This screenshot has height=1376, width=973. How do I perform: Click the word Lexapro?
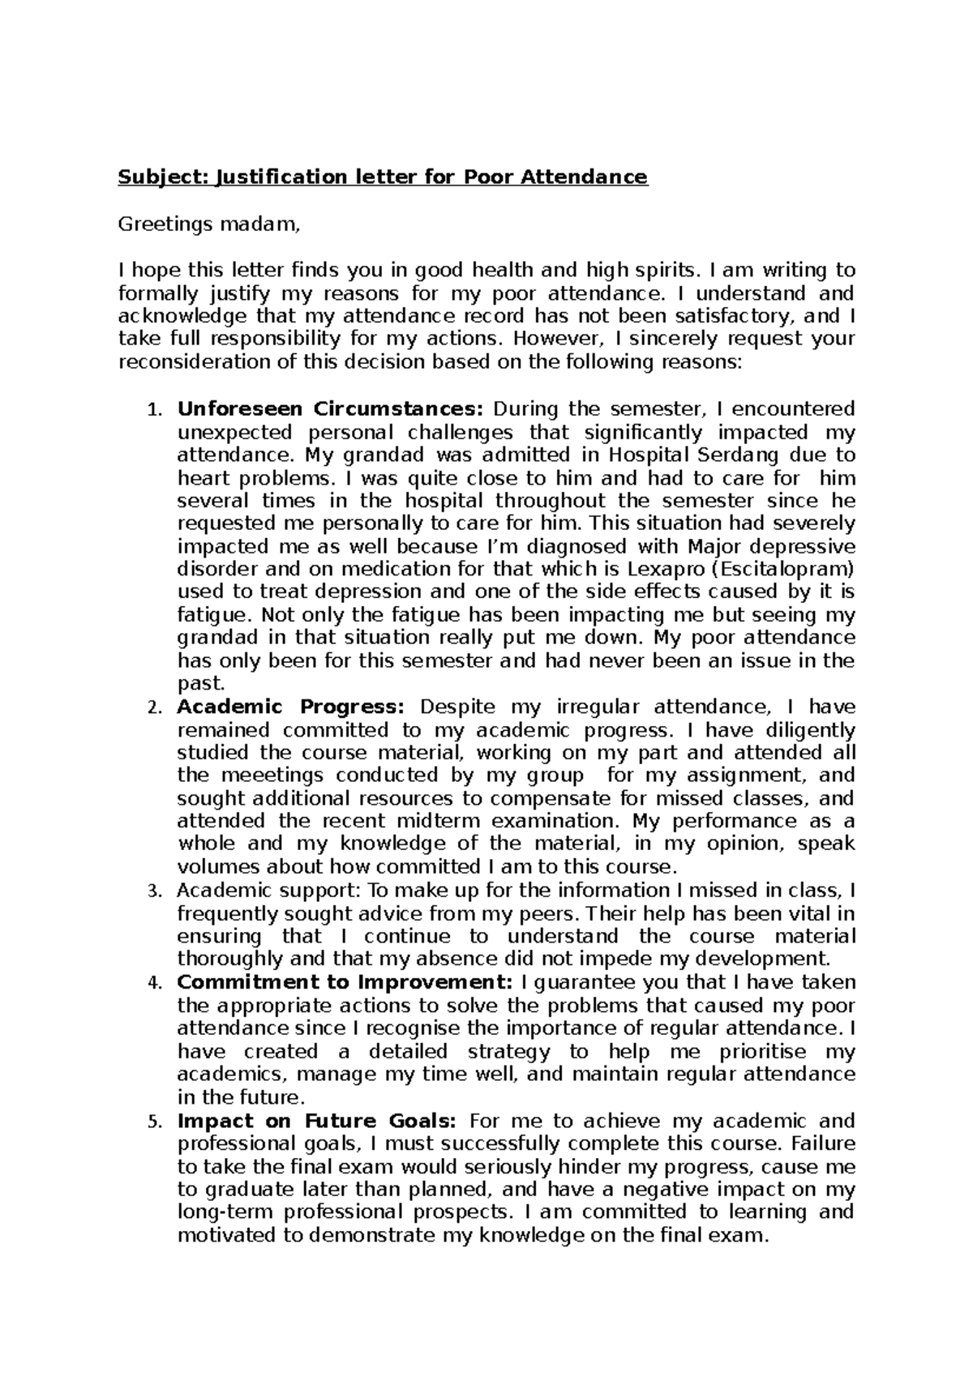coord(673,569)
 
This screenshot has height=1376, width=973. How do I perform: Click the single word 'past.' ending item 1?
coord(199,684)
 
